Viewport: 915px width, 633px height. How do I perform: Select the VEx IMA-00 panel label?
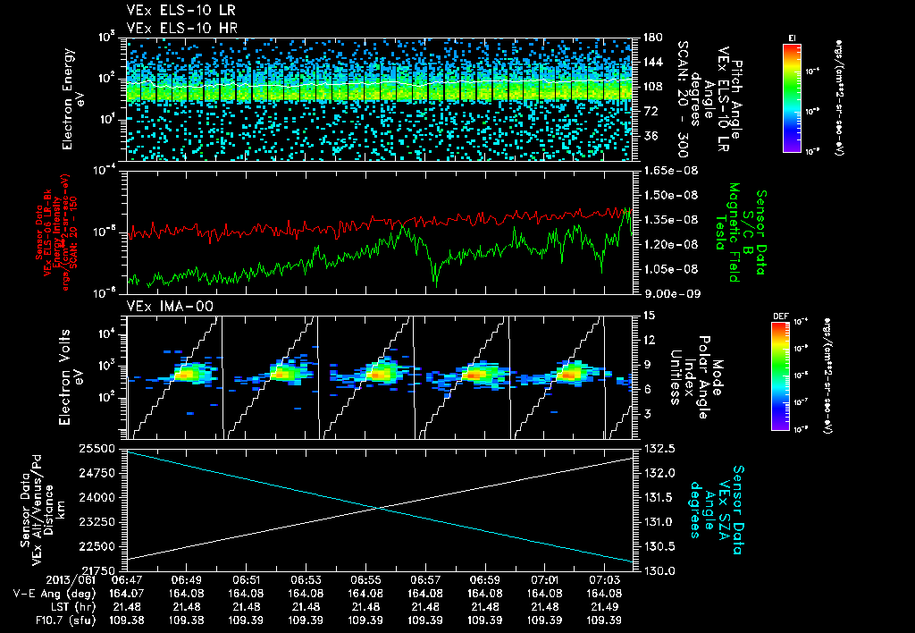pos(164,306)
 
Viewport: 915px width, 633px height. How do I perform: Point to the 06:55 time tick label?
pos(365,579)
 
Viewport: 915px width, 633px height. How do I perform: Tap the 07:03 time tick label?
pos(604,579)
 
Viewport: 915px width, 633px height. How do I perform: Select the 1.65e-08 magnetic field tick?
pos(665,170)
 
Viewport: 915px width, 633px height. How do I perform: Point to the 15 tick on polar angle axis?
pos(647,315)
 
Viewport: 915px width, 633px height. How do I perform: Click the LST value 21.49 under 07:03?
pos(604,605)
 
